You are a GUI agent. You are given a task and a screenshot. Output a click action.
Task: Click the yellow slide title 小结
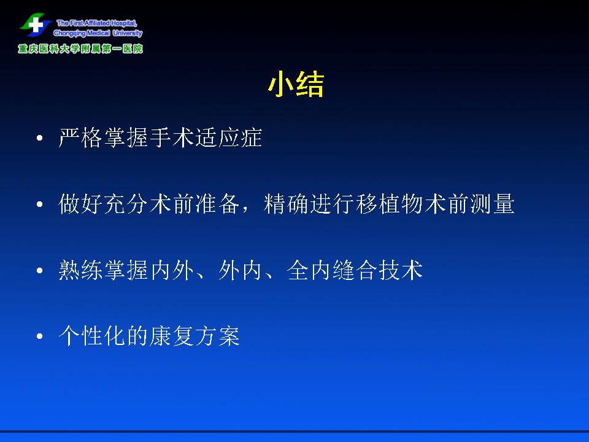pyautogui.click(x=296, y=84)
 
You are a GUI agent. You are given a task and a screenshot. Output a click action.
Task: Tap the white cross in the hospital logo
pyautogui.click(x=36, y=25)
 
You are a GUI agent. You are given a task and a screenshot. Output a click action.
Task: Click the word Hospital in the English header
pyautogui.click(x=123, y=23)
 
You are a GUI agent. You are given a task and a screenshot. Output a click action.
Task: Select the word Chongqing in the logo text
pyautogui.click(x=69, y=33)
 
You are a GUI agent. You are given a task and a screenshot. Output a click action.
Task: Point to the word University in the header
pyautogui.click(x=128, y=33)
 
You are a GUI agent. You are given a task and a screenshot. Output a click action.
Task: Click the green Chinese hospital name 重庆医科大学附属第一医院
pyautogui.click(x=80, y=49)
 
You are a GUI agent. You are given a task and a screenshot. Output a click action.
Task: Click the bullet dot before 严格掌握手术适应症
pyautogui.click(x=40, y=138)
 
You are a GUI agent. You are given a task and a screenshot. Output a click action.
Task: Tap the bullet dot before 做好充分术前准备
pyautogui.click(x=40, y=204)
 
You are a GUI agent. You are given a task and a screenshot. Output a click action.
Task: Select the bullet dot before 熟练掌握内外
pyautogui.click(x=40, y=270)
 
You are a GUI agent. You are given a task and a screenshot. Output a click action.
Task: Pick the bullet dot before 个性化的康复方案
pyautogui.click(x=40, y=336)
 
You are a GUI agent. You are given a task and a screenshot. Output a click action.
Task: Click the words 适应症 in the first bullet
pyautogui.click(x=229, y=138)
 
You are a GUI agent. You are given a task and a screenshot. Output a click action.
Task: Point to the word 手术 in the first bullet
pyautogui.click(x=172, y=138)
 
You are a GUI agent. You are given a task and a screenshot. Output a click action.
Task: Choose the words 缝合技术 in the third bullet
pyautogui.click(x=377, y=270)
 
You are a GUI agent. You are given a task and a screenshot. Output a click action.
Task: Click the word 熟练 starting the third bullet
pyautogui.click(x=81, y=270)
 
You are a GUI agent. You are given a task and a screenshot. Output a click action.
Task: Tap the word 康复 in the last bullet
pyautogui.click(x=172, y=336)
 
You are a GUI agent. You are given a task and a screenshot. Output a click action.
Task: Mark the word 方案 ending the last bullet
pyautogui.click(x=217, y=336)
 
